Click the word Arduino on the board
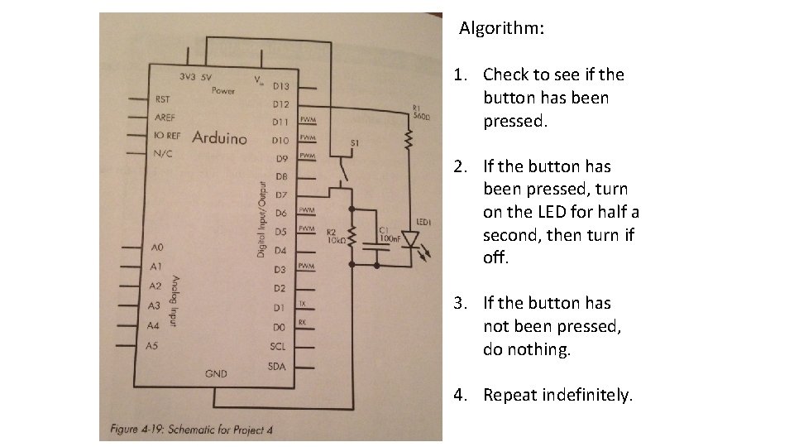point(219,137)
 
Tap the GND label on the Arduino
point(216,374)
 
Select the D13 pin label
point(280,85)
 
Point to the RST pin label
point(164,99)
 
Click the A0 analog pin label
point(158,247)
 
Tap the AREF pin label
point(165,118)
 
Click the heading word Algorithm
point(501,28)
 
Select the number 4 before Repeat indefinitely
point(458,395)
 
